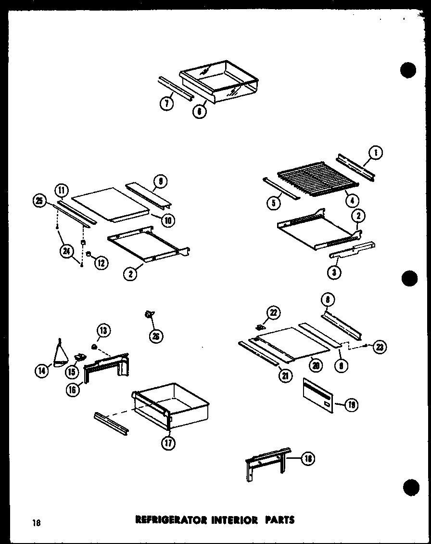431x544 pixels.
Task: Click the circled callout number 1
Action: tap(375, 154)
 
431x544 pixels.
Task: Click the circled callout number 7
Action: tap(166, 104)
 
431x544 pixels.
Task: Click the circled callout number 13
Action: tap(104, 331)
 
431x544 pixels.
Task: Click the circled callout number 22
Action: tap(273, 313)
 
